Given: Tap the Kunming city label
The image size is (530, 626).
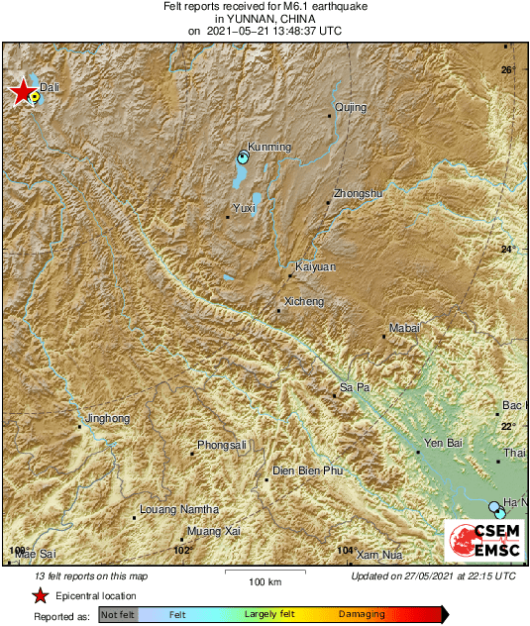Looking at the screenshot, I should point(268,147).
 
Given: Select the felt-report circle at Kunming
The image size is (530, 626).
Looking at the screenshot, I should point(243,156).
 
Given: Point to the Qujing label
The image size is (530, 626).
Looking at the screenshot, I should point(351,107).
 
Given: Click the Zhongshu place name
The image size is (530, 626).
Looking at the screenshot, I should point(358,193).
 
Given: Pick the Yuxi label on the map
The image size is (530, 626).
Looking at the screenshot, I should point(244,208).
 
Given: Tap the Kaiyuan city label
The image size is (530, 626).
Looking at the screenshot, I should point(317,266).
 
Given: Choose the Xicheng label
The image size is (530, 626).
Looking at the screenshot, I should point(304,301).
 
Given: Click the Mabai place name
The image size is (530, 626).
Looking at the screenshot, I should point(404,328).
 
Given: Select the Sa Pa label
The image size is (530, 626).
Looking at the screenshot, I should point(355,387).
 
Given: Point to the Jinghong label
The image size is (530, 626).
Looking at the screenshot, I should point(108,418).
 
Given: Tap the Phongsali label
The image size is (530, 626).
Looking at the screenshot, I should point(222,445).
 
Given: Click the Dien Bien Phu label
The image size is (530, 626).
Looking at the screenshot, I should point(307,470).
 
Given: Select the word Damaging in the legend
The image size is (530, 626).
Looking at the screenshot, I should point(362,614).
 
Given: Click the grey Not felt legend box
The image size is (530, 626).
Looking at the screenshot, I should point(118,615).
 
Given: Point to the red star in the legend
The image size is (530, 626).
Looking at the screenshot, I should point(40,595).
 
